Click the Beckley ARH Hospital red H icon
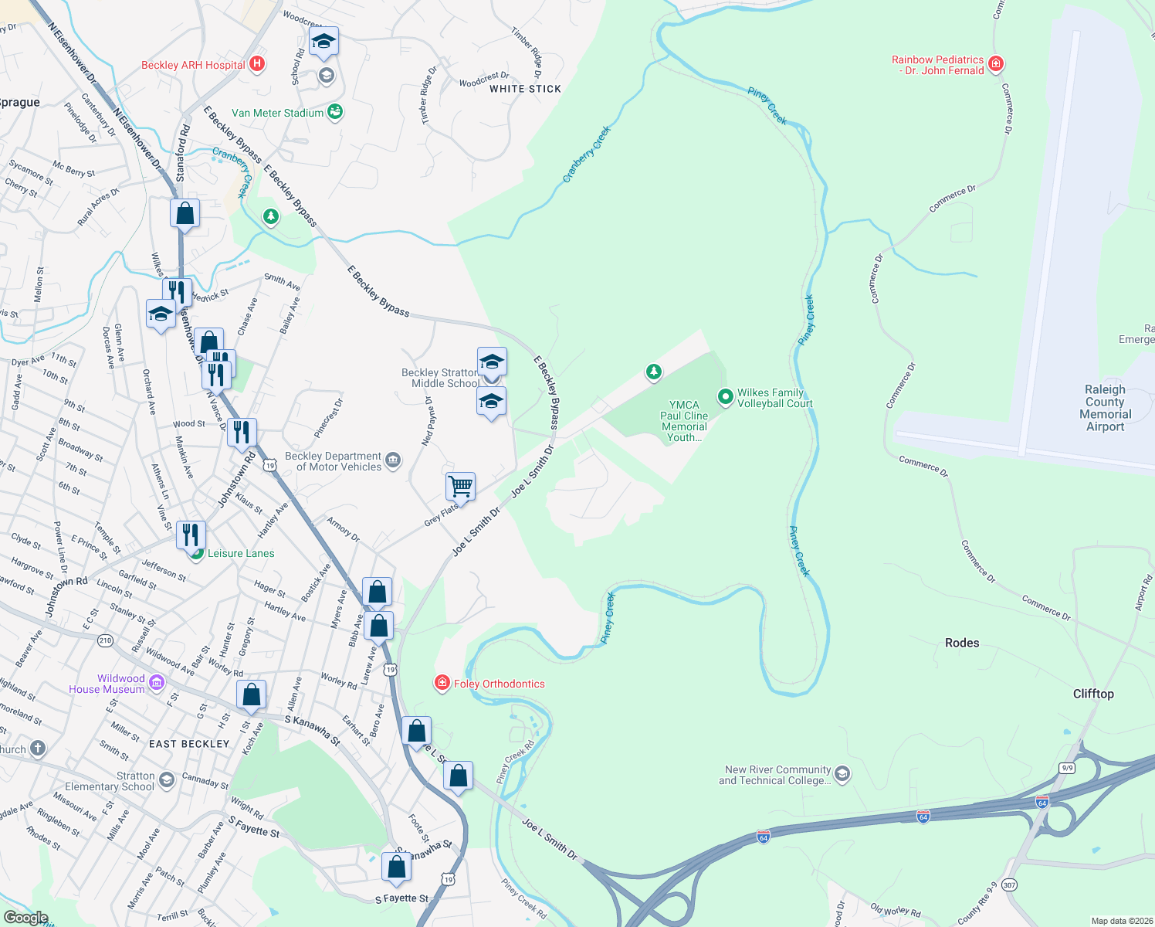pyautogui.click(x=258, y=65)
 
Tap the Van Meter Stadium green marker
pyautogui.click(x=334, y=113)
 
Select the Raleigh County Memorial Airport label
pyautogui.click(x=1105, y=408)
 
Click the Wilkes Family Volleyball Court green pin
pyautogui.click(x=725, y=397)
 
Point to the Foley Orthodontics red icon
pyautogui.click(x=442, y=683)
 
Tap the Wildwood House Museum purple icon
pyautogui.click(x=157, y=682)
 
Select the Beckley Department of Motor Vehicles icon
pyautogui.click(x=393, y=461)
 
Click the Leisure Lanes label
pyautogui.click(x=241, y=553)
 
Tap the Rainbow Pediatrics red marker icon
pyautogui.click(x=996, y=64)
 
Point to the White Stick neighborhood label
pyautogui.click(x=525, y=89)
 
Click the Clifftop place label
pyautogui.click(x=1093, y=694)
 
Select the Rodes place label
pyautogui.click(x=962, y=643)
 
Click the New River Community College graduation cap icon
pyautogui.click(x=842, y=774)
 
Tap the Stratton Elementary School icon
pyautogui.click(x=166, y=781)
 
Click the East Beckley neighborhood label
pyautogui.click(x=189, y=744)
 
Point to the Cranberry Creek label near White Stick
pyautogui.click(x=586, y=154)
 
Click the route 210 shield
pyautogui.click(x=105, y=640)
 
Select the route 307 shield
pyautogui.click(x=1009, y=885)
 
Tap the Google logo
pyautogui.click(x=25, y=918)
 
